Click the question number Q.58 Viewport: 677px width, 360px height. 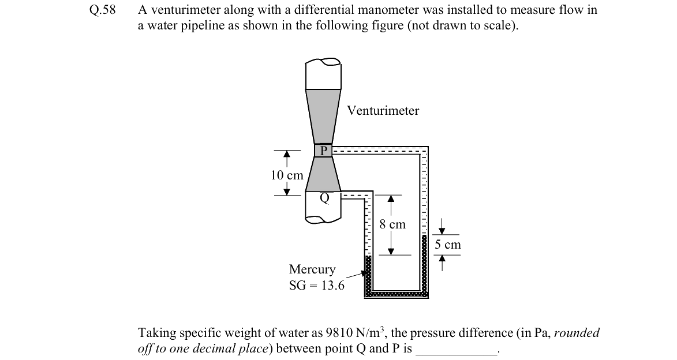(x=103, y=9)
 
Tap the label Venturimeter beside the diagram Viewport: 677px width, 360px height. (x=383, y=111)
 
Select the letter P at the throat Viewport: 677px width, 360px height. (x=323, y=151)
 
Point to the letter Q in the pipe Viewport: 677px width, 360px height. (x=325, y=198)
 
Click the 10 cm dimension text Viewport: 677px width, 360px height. (x=287, y=175)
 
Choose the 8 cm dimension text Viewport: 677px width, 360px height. (x=392, y=224)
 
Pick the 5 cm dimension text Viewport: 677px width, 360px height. (x=448, y=245)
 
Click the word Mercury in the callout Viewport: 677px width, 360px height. (x=312, y=269)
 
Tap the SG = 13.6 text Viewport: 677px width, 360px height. (x=317, y=286)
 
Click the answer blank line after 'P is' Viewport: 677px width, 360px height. (x=457, y=354)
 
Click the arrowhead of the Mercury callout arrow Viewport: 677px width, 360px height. (x=363, y=273)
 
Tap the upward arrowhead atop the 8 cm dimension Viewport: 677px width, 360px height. (x=391, y=198)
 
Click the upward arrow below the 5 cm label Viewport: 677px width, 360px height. (x=442, y=263)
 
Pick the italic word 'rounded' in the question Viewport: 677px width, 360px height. (x=577, y=333)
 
